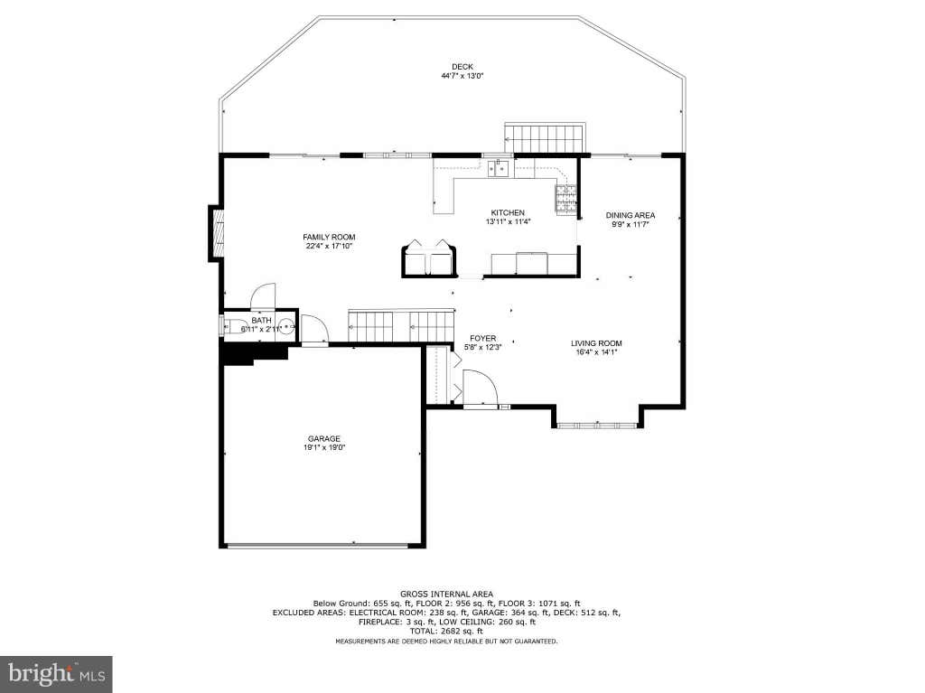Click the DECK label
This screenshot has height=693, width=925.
462,67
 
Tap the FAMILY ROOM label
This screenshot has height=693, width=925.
329,238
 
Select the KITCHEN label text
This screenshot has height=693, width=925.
508,212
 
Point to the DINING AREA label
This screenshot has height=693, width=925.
630,215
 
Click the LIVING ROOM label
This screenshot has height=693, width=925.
596,343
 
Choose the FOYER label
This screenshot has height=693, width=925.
483,338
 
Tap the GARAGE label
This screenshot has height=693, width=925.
324,438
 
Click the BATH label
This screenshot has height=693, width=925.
261,321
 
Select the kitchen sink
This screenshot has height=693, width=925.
499,168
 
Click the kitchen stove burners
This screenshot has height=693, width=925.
565,198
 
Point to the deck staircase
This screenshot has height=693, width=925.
546,138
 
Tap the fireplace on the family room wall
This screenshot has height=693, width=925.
217,234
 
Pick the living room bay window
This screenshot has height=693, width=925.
597,425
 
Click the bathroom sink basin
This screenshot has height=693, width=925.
286,325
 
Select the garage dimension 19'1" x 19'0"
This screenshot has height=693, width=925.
324,447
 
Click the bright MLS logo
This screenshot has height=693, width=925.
56,674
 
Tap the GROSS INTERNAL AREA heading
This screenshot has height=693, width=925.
446,594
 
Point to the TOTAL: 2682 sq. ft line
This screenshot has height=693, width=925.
446,631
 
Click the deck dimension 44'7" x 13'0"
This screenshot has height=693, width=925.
462,76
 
